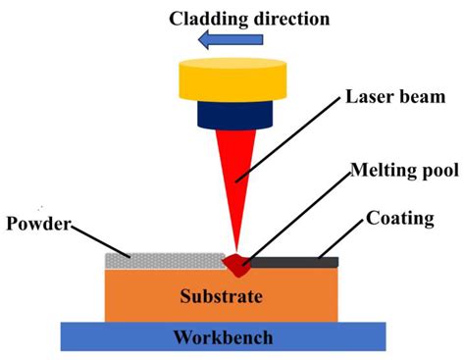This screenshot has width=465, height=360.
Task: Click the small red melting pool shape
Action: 236,263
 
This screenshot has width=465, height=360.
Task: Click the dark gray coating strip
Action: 294,262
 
